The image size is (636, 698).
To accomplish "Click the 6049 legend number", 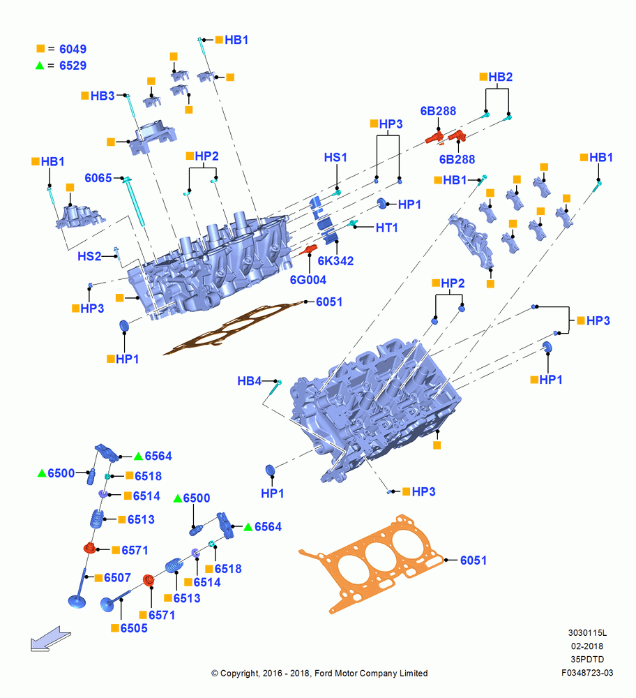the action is pyautogui.click(x=73, y=49).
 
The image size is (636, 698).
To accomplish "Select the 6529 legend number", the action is pyautogui.click(x=73, y=66).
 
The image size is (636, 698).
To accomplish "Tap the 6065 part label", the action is pyautogui.click(x=98, y=178).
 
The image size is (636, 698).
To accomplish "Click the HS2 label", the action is pyautogui.click(x=89, y=256).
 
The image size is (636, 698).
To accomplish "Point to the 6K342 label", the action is pyautogui.click(x=336, y=261).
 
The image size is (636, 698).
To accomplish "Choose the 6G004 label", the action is pyautogui.click(x=308, y=280).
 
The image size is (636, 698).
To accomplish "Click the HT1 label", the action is pyautogui.click(x=386, y=228).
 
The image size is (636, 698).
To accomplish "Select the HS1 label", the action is pyautogui.click(x=335, y=158).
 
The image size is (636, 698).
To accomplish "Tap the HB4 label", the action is pyautogui.click(x=249, y=381).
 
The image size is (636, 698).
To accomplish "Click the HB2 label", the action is pyautogui.click(x=500, y=77).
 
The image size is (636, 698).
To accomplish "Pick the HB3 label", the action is pyautogui.click(x=103, y=96).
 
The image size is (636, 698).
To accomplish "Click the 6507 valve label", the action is pyautogui.click(x=117, y=578).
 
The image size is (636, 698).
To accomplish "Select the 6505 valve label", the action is pyautogui.click(x=134, y=628).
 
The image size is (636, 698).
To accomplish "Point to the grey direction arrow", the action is pyautogui.click(x=50, y=639).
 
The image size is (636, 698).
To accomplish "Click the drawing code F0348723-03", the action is pyautogui.click(x=587, y=673).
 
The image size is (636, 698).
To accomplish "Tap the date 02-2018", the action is pyautogui.click(x=587, y=646).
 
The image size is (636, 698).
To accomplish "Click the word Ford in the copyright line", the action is pyautogui.click(x=324, y=674).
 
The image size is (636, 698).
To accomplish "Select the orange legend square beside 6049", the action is pyautogui.click(x=40, y=48).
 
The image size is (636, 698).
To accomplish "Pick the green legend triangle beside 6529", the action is pyautogui.click(x=40, y=66).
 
